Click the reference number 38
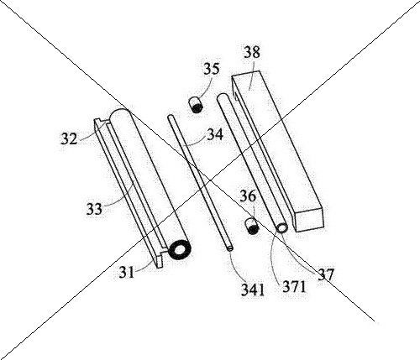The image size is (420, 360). pyautogui.click(x=252, y=52)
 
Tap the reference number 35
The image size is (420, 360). pyautogui.click(x=211, y=69)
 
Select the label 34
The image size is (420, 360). pyautogui.click(x=215, y=134)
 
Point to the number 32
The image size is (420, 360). pyautogui.click(x=69, y=138)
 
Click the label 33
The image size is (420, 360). pyautogui.click(x=94, y=209)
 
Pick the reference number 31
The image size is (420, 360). pyautogui.click(x=127, y=272)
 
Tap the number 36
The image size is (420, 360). pyautogui.click(x=248, y=196)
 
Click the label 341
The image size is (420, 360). pyautogui.click(x=253, y=290)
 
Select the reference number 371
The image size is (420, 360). pyautogui.click(x=294, y=286)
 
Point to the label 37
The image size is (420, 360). pyautogui.click(x=326, y=274)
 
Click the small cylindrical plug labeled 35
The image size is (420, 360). pyautogui.click(x=196, y=105)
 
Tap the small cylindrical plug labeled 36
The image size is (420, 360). pyautogui.click(x=252, y=227)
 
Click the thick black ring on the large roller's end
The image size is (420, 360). pyautogui.click(x=179, y=249)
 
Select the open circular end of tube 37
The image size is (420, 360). pyautogui.click(x=281, y=228)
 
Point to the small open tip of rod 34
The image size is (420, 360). pyautogui.click(x=230, y=248)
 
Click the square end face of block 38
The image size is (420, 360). pyautogui.click(x=309, y=220)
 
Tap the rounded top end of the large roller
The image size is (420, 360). pyautogui.click(x=120, y=113)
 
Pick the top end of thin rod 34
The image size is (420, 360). pyautogui.click(x=171, y=117)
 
